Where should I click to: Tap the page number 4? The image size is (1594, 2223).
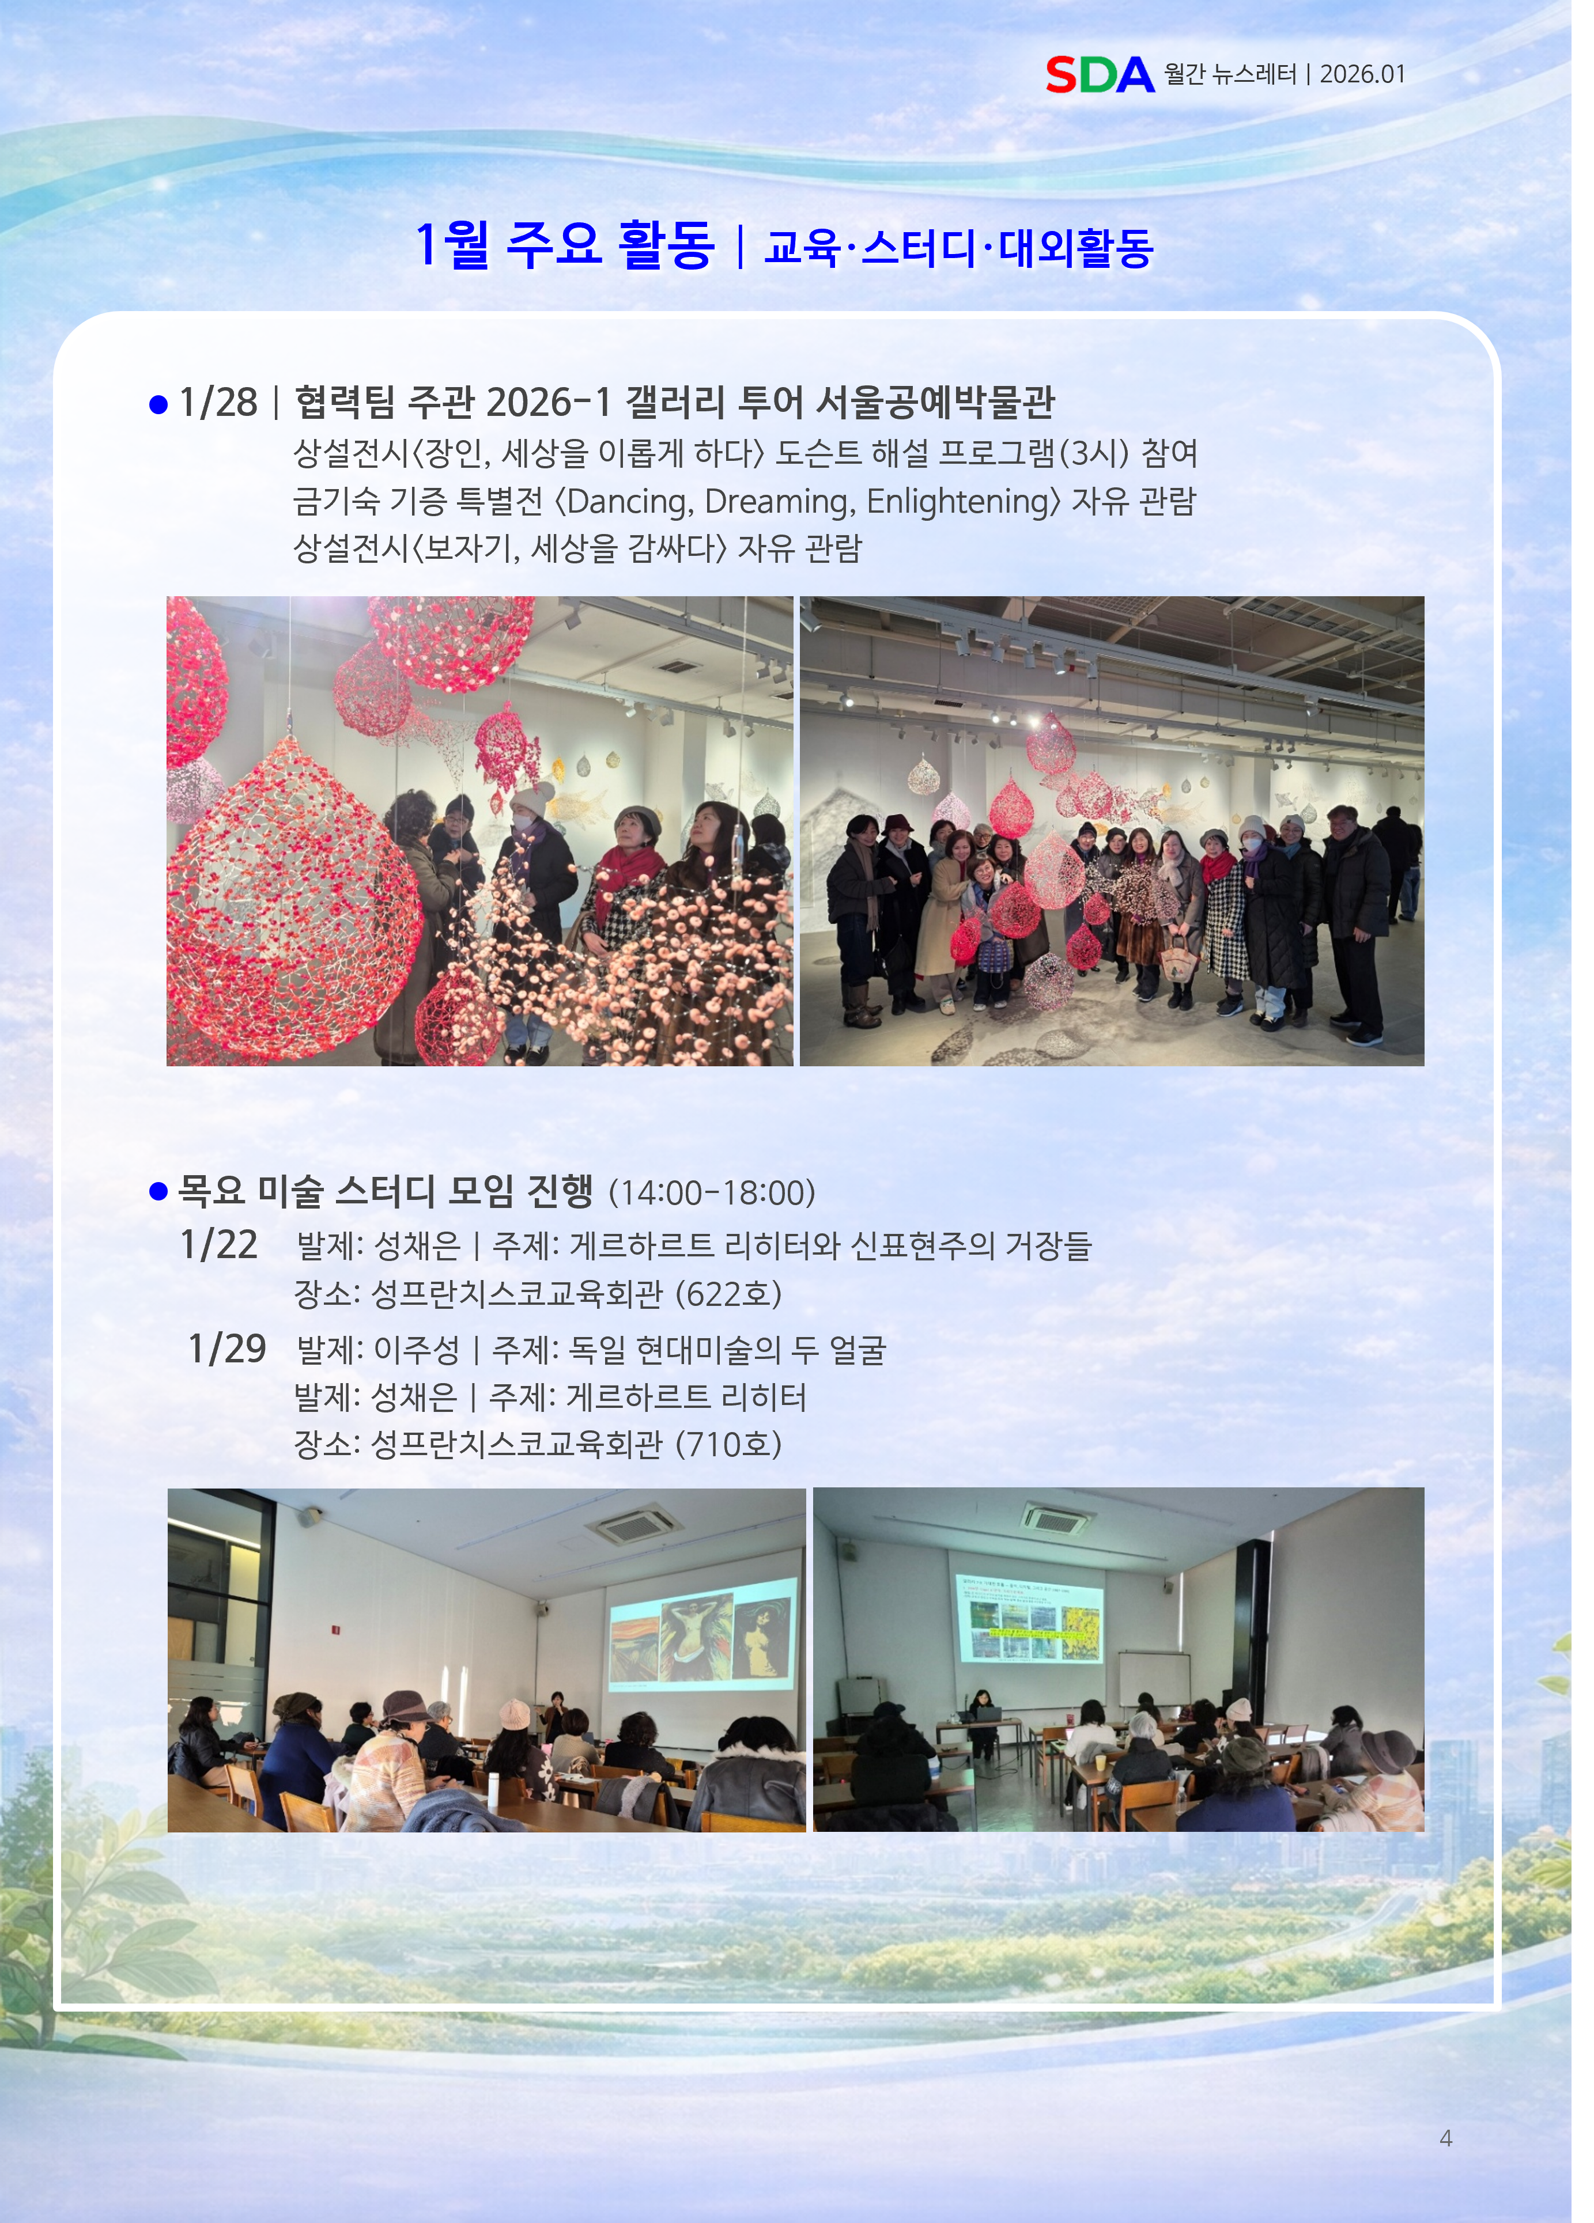(x=1446, y=2138)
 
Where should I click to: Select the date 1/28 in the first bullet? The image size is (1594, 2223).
(x=218, y=402)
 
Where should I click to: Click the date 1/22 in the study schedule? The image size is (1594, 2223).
(x=218, y=1245)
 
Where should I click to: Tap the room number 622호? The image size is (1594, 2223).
(x=728, y=1294)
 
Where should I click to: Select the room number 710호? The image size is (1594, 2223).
(x=728, y=1444)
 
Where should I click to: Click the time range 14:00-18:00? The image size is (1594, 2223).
(x=712, y=1193)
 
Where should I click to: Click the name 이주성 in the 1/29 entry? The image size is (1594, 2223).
(x=418, y=1350)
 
